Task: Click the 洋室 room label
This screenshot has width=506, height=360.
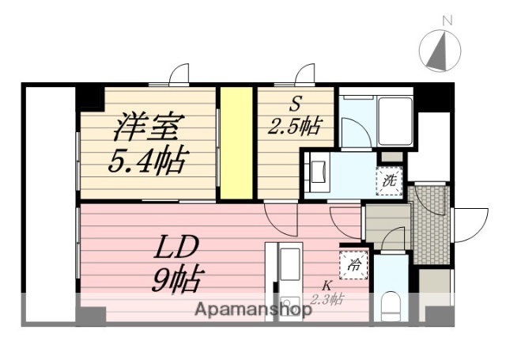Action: pos(150,127)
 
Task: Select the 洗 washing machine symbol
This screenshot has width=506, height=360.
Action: pos(389,180)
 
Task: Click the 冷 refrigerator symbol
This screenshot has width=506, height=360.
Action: pos(353,264)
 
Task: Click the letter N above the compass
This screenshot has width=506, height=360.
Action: pos(447,19)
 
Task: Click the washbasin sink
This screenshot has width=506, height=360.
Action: pos(320,171)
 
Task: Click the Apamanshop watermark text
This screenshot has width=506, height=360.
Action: pos(253,309)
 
